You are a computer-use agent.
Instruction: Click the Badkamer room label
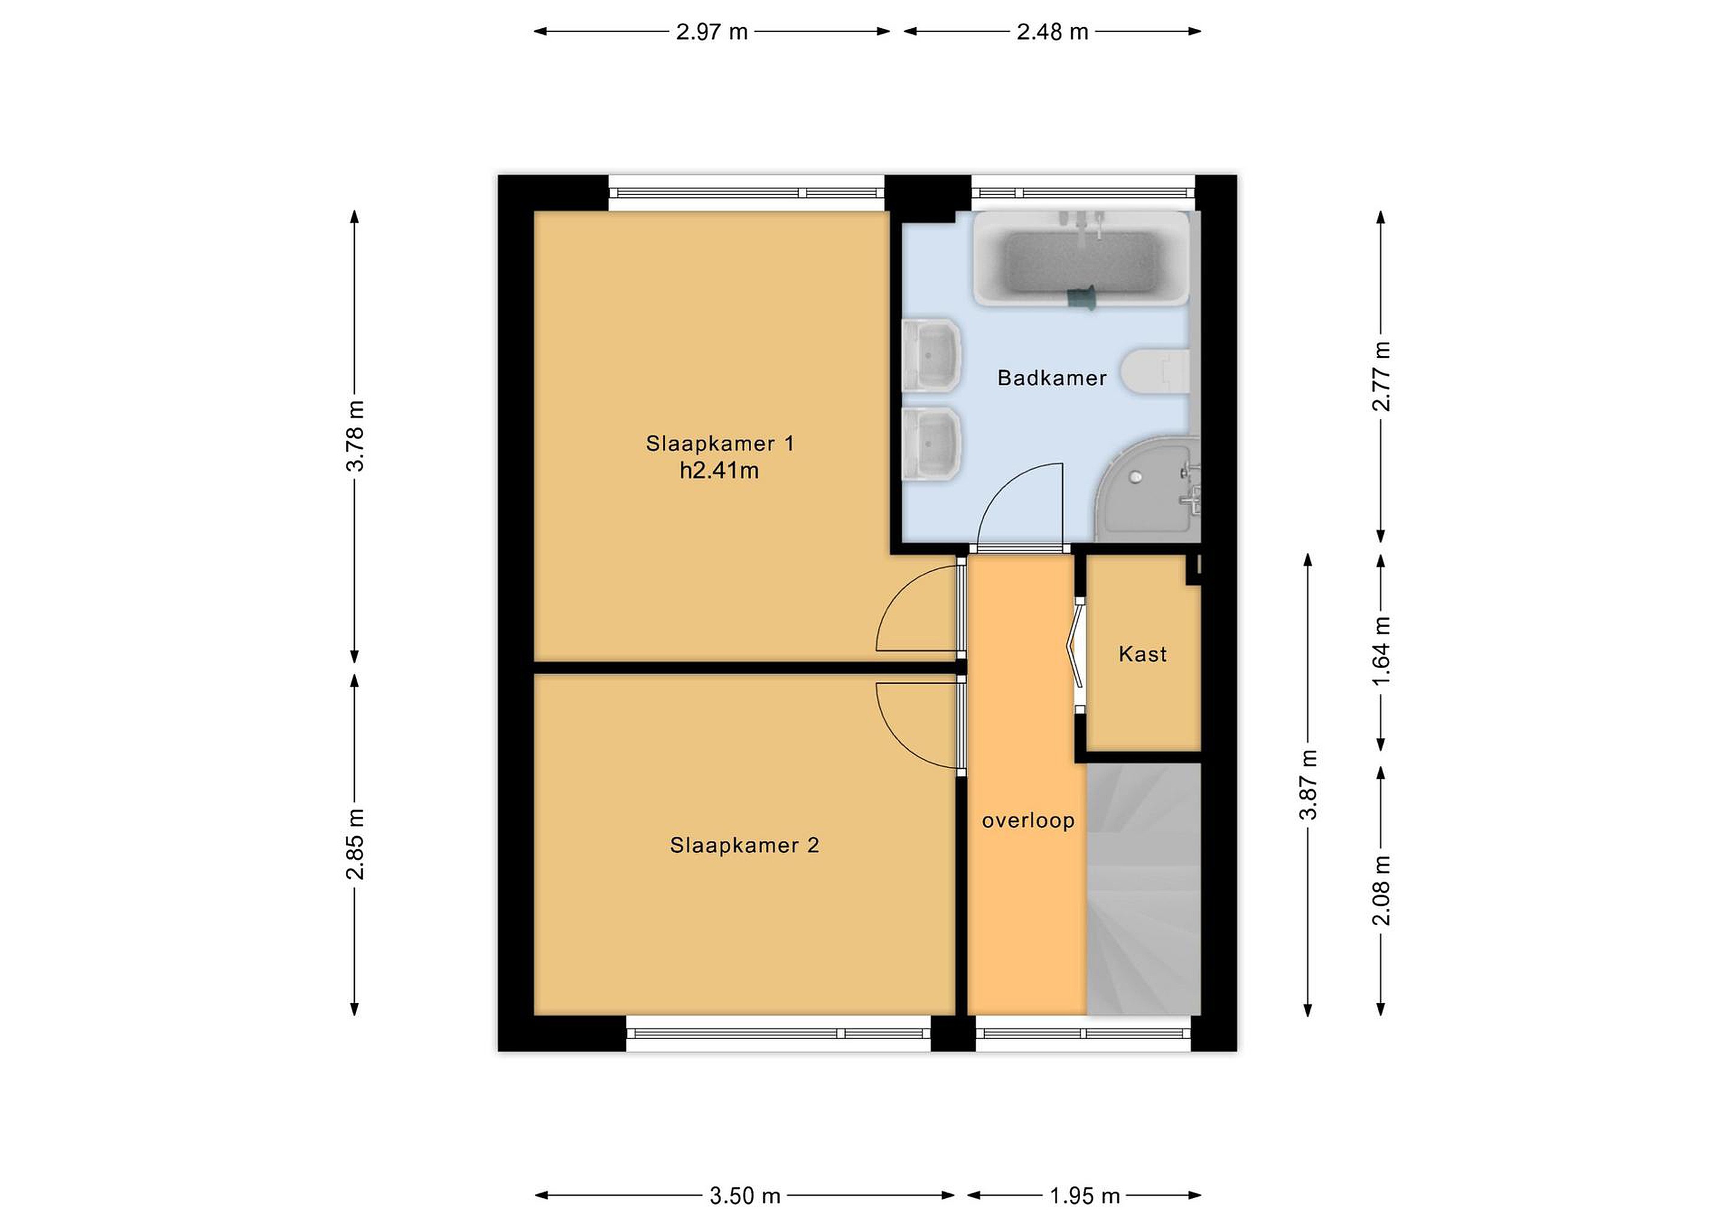(1052, 378)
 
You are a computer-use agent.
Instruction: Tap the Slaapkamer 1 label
(720, 443)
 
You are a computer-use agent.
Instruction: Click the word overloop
(1028, 821)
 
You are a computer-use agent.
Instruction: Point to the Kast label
(1143, 654)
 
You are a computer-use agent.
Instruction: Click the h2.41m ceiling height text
(719, 470)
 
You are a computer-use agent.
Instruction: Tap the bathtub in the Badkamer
(1081, 258)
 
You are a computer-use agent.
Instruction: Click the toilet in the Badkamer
(1155, 372)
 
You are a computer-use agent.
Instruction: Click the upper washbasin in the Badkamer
(932, 355)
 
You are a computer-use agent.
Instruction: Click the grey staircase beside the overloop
(1143, 888)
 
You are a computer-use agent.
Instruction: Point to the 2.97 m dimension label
(712, 32)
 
